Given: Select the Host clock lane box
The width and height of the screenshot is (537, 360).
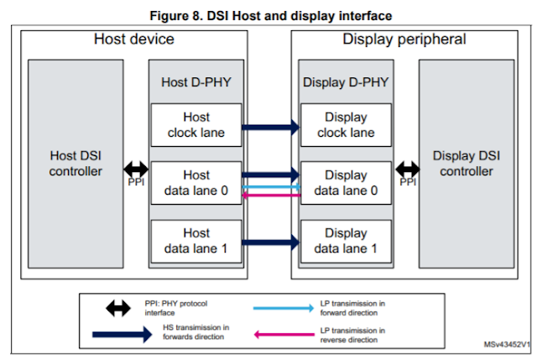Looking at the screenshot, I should (196, 125).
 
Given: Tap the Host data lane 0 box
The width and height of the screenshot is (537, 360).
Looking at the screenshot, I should (196, 183).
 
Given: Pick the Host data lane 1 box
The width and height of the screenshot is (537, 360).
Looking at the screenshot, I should (196, 240).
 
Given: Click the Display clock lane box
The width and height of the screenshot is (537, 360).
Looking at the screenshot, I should (345, 125).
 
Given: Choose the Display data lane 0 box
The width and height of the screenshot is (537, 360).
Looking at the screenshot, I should (345, 183).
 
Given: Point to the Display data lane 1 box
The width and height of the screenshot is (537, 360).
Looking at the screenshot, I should (345, 240).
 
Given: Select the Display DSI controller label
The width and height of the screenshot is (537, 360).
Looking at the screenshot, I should (462, 164).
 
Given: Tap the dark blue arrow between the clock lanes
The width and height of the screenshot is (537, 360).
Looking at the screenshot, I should (271, 128).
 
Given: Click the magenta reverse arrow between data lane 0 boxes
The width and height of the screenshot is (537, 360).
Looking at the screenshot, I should (271, 196).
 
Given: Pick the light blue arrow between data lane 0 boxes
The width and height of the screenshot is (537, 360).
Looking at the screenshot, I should (271, 187).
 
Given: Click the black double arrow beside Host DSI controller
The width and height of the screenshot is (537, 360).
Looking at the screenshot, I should (136, 166).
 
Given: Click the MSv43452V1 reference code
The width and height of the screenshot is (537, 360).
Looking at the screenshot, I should (507, 345).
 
